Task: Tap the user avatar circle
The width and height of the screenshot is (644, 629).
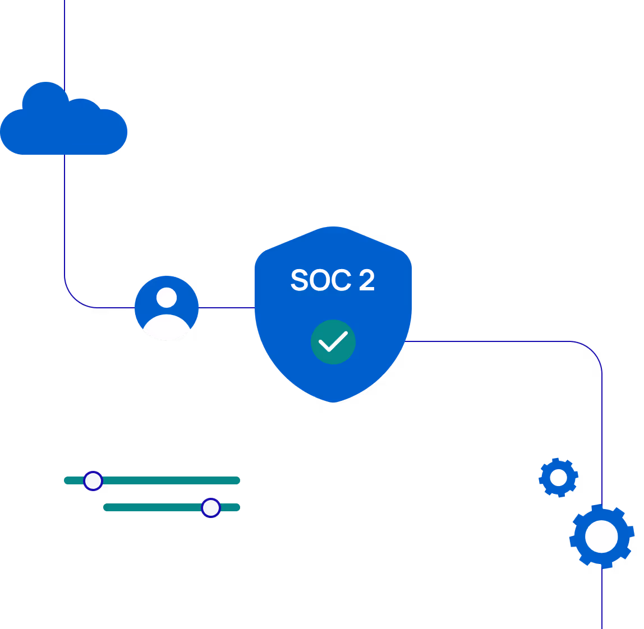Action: (x=167, y=308)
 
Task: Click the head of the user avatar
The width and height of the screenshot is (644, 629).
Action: (x=167, y=297)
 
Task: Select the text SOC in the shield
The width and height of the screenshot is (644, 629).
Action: (x=320, y=280)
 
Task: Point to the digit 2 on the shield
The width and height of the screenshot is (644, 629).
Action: (x=366, y=280)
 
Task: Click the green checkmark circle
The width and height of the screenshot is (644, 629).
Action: (x=333, y=342)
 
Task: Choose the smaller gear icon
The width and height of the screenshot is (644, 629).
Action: (x=558, y=478)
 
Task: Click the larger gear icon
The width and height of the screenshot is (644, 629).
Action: (x=602, y=536)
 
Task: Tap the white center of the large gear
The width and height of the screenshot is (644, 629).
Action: (x=602, y=536)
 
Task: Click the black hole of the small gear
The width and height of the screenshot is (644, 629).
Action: (x=558, y=478)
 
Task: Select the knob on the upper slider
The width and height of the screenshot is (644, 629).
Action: (x=93, y=481)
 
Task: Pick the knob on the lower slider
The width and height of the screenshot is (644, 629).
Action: (x=211, y=508)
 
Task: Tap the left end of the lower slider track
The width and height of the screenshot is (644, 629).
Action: (x=107, y=507)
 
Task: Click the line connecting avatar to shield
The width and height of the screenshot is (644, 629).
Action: (x=227, y=308)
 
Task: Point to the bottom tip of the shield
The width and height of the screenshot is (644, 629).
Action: (x=333, y=401)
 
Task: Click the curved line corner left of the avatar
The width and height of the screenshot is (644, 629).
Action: (x=73, y=298)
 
